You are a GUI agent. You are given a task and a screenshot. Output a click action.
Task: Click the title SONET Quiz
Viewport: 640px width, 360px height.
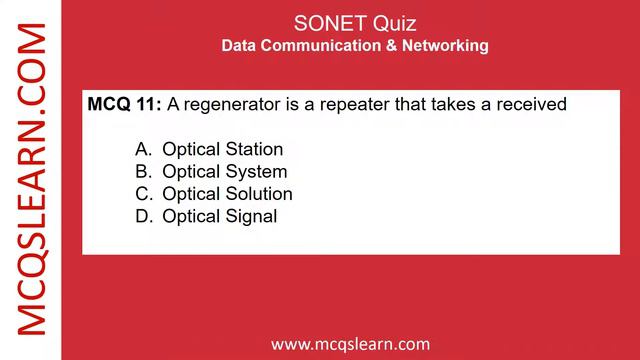tap(355, 22)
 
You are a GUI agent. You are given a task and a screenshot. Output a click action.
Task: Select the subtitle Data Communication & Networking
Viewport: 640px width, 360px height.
tap(355, 46)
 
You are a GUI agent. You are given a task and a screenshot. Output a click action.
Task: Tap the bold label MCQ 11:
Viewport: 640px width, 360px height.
tap(125, 103)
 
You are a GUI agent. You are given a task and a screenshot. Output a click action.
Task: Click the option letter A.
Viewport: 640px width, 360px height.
tap(142, 149)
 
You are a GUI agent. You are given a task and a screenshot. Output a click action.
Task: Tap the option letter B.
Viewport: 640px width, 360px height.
tap(142, 171)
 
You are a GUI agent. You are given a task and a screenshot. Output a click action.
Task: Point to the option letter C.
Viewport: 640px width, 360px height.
tap(142, 193)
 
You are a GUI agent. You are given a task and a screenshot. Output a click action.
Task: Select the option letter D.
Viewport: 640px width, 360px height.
tap(142, 215)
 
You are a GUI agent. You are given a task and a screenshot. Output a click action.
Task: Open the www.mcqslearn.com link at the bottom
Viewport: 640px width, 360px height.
tap(350, 344)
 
